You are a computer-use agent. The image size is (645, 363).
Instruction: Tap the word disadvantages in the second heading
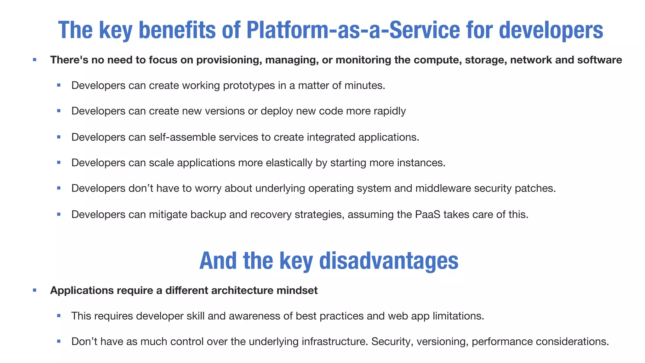click(389, 261)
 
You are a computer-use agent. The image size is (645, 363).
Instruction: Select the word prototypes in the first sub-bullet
click(249, 85)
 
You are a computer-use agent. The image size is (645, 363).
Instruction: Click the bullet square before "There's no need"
click(35, 60)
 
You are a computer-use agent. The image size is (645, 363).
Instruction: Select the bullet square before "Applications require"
click(35, 290)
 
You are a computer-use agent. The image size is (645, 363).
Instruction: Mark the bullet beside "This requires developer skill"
click(59, 315)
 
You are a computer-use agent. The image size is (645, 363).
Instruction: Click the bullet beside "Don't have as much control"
click(59, 341)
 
